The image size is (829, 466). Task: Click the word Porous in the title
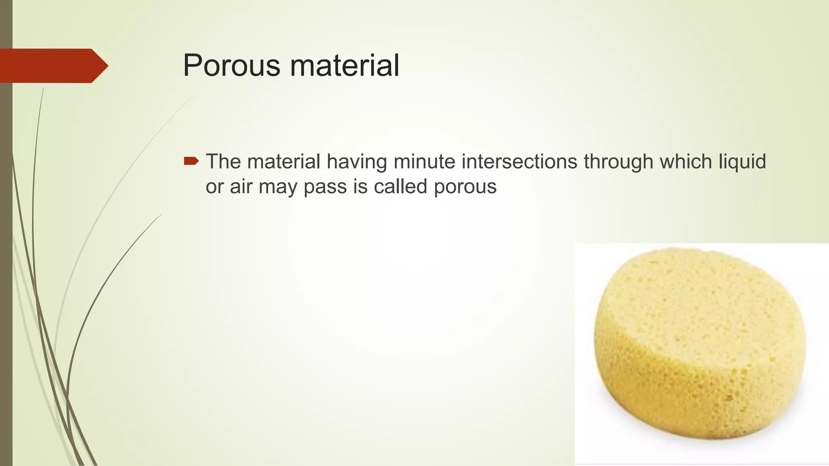click(x=232, y=66)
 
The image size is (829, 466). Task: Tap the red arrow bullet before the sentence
click(x=191, y=161)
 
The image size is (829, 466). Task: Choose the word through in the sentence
click(x=618, y=162)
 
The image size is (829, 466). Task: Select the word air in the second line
click(x=241, y=187)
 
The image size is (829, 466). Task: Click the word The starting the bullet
click(x=223, y=161)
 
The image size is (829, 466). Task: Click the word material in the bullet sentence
click(x=284, y=161)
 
